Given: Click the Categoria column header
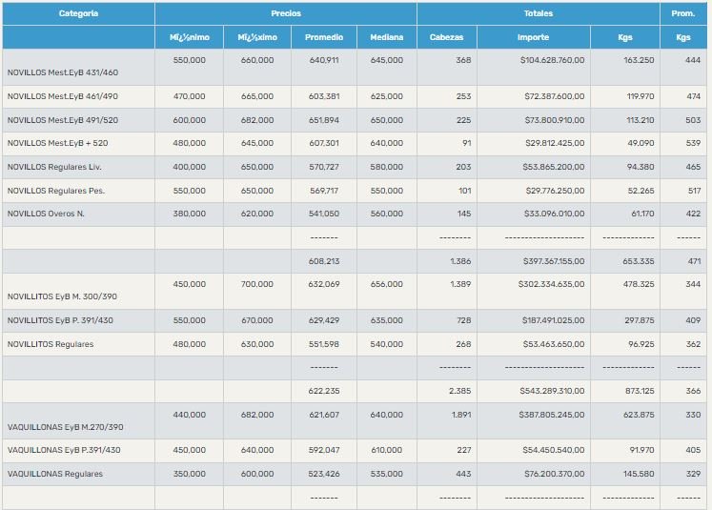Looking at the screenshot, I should pos(78,14).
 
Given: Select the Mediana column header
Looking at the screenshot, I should pos(386,37).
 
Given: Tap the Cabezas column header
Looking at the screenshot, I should pos(446,37).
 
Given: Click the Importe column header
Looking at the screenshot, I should pos(533,37).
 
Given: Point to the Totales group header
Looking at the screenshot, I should pos(538,14).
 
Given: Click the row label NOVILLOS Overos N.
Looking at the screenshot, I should pos(46,214).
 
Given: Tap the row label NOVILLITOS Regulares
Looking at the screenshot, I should pos(51,344).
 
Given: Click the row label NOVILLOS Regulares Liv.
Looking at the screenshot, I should pos(52,168).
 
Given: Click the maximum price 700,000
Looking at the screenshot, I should pos(256,284).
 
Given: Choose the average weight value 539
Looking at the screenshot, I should pos(683,144).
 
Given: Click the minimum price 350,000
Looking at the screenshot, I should pos(189,474).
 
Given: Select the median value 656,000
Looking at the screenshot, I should pos(387,284).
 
